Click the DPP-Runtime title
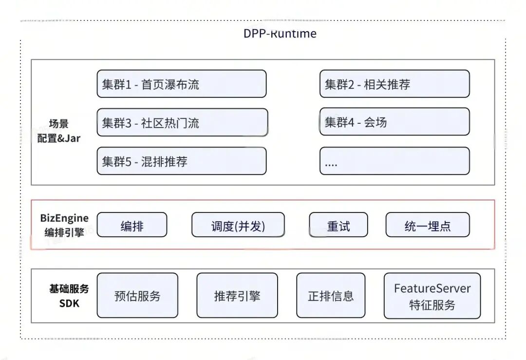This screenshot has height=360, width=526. click(x=280, y=34)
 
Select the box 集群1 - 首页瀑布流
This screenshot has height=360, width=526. click(x=182, y=84)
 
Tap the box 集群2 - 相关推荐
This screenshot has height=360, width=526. click(x=394, y=84)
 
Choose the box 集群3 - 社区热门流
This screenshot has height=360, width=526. click(x=183, y=122)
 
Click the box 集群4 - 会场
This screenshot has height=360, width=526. click(x=394, y=122)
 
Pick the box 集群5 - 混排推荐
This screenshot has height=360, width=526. click(x=182, y=161)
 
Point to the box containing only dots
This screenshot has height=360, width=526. click(x=394, y=161)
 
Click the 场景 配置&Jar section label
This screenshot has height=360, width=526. click(x=59, y=131)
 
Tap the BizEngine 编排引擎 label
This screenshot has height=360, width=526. click(x=64, y=225)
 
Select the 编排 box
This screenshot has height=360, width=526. click(x=132, y=225)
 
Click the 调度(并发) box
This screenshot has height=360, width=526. click(x=238, y=225)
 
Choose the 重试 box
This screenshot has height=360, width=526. click(x=338, y=225)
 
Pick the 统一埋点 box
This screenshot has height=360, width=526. click(x=428, y=225)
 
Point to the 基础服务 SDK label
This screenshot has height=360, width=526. click(x=69, y=296)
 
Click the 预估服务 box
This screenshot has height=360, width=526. click(x=137, y=295)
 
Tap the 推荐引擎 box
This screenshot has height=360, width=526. click(x=237, y=295)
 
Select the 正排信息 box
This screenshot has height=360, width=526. click(x=331, y=295)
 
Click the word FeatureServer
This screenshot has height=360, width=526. click(x=432, y=288)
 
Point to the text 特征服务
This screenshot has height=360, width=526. click(x=432, y=305)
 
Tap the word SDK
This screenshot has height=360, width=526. click(x=69, y=303)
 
